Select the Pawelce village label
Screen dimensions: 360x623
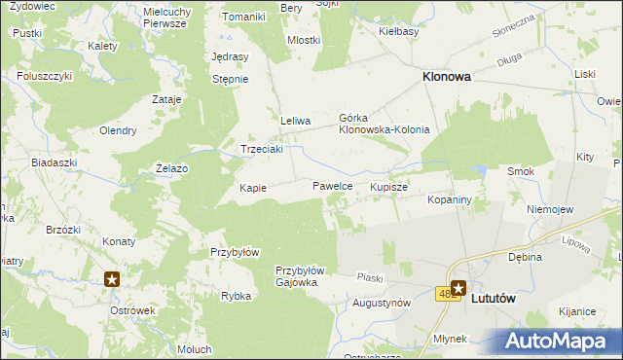pos(332,185)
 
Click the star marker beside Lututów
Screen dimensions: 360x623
pos(458,287)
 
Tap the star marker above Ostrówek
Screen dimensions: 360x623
pos(112,279)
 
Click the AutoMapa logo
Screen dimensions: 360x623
pos(563,341)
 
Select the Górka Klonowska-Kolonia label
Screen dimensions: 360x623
pos(384,123)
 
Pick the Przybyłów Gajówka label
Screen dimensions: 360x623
pos(299,276)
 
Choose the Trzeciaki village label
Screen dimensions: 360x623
pos(262,149)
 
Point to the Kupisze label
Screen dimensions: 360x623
pos(388,185)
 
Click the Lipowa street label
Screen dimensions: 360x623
pos(576,242)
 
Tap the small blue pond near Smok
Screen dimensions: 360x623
pos(478,172)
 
